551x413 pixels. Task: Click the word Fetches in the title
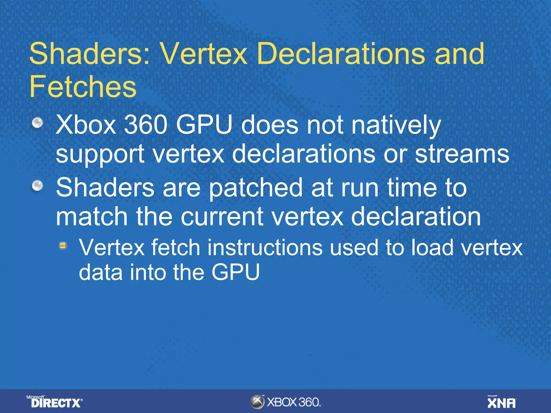(x=83, y=86)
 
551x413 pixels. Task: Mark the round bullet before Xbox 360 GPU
(x=37, y=123)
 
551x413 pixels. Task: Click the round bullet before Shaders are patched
(x=37, y=186)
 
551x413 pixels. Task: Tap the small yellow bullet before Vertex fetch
(x=63, y=245)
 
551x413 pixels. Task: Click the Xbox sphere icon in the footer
(x=257, y=402)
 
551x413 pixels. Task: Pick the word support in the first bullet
(x=100, y=154)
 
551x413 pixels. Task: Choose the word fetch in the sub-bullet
(x=176, y=247)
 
